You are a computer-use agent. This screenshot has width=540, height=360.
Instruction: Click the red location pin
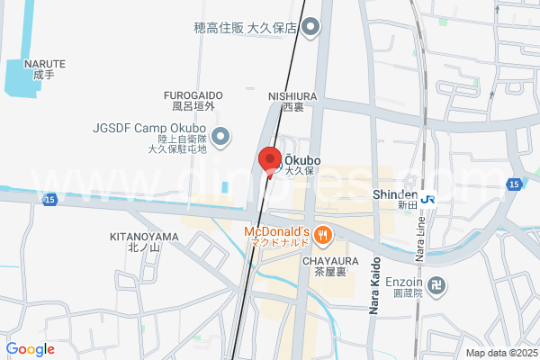[x=268, y=160]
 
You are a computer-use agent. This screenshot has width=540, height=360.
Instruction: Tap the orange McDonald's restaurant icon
[x=324, y=236]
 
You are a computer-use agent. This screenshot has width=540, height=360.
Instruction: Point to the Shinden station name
[x=394, y=194]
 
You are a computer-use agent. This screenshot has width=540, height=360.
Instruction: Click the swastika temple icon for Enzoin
[x=436, y=287]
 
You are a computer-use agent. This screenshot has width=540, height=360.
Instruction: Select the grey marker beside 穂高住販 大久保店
[x=310, y=28]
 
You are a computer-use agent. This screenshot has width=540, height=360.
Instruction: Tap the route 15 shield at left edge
[x=49, y=199]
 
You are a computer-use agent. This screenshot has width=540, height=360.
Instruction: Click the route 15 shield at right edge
[x=513, y=184]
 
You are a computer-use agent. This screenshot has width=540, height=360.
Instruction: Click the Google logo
[x=30, y=349]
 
